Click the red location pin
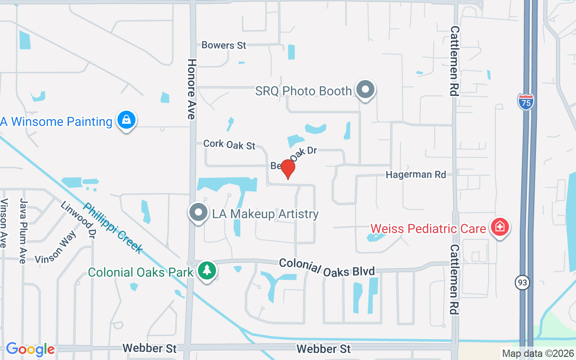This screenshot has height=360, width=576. tap(288, 169)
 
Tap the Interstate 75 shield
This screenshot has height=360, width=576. tap(526, 102)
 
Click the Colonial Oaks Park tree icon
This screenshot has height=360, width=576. tap(207, 271)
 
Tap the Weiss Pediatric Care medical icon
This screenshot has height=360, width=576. tap(499, 227)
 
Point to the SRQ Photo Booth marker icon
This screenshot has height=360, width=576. tap(365, 90)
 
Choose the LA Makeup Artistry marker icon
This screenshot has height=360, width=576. tap(198, 213)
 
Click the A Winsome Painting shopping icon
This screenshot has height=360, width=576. tap(126, 121)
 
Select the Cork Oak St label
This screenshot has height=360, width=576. tap(229, 144)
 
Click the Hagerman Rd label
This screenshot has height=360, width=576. tap(416, 175)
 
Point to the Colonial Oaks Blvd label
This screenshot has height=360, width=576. tap(327, 267)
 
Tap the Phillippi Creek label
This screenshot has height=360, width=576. tap(113, 228)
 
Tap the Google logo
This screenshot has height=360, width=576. tap(30, 349)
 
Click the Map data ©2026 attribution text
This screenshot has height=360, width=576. tap(538, 354)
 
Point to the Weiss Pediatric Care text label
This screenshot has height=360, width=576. tap(428, 229)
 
